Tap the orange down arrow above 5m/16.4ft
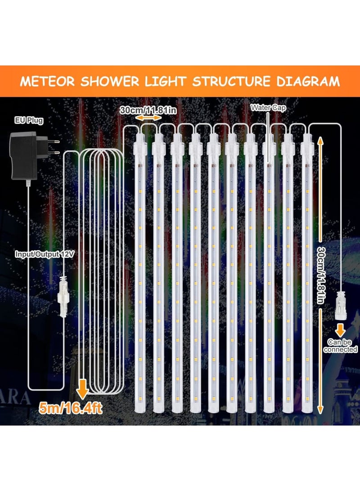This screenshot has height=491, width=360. tap(82, 386)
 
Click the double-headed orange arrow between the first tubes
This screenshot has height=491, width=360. tap(149, 117)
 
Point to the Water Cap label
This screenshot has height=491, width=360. tap(268, 108)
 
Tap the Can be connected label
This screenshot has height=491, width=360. tap(340, 346)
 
